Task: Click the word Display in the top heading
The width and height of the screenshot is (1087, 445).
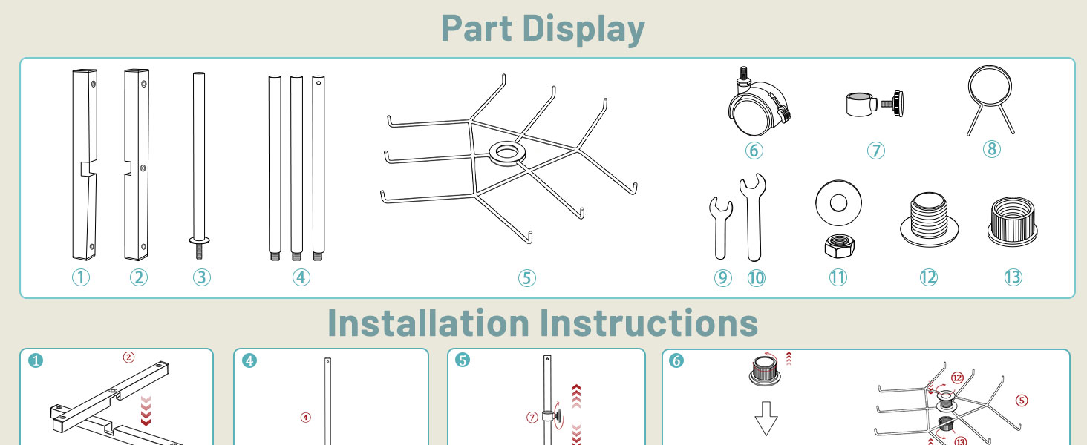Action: pyautogui.click(x=584, y=29)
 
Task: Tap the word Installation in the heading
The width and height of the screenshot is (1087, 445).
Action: pyautogui.click(x=428, y=323)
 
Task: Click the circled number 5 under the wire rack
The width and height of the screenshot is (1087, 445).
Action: pyautogui.click(x=527, y=278)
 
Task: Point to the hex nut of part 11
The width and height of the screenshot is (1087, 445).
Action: pyautogui.click(x=839, y=245)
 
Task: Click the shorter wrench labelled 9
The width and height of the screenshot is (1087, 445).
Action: pyautogui.click(x=721, y=228)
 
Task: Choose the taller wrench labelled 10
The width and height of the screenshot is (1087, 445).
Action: pyautogui.click(x=753, y=218)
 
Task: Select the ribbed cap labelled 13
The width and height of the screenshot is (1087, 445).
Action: pyautogui.click(x=1012, y=222)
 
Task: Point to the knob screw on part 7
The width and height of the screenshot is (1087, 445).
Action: pyautogui.click(x=892, y=103)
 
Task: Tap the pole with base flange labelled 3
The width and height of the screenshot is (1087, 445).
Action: pyautogui.click(x=199, y=165)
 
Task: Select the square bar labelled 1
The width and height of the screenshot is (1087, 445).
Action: pyautogui.click(x=85, y=165)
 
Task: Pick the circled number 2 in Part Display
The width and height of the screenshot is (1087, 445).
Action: pyautogui.click(x=139, y=278)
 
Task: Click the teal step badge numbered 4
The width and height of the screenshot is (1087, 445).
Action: pyautogui.click(x=249, y=360)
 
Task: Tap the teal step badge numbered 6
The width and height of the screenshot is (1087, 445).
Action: pyautogui.click(x=676, y=360)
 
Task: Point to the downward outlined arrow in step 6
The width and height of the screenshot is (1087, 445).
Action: pyautogui.click(x=766, y=418)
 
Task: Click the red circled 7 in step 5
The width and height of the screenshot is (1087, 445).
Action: pyautogui.click(x=532, y=417)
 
